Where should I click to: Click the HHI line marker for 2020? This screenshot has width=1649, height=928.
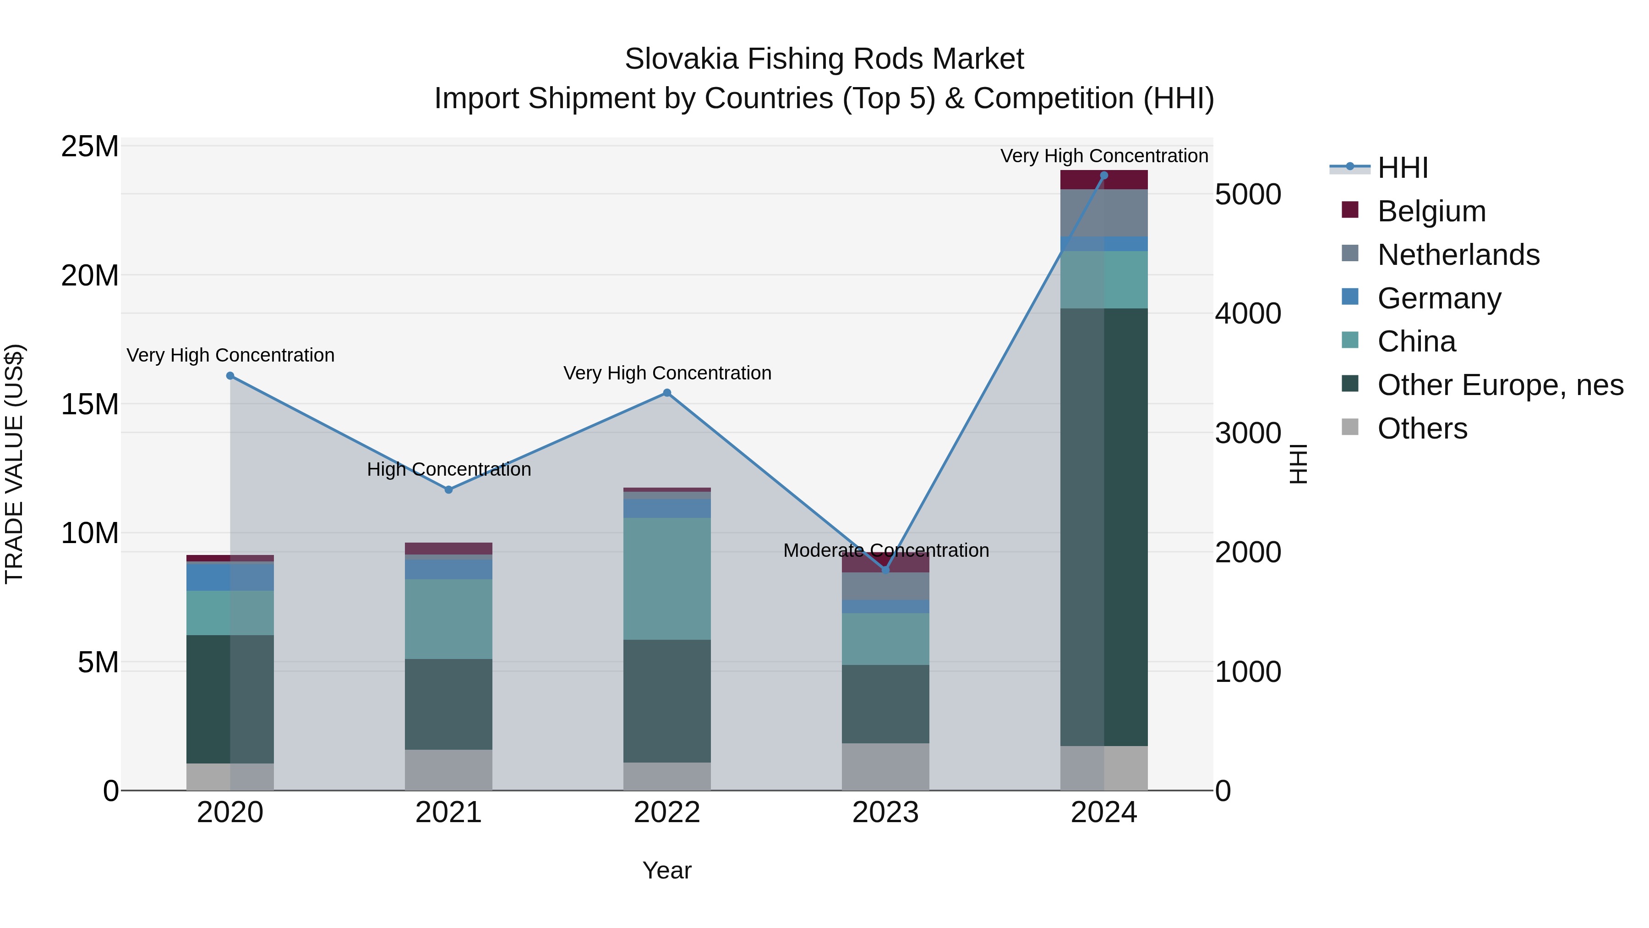pyautogui.click(x=230, y=376)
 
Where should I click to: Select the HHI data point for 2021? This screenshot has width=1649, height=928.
pyautogui.click(x=449, y=489)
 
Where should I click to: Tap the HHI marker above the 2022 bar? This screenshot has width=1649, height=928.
pyautogui.click(x=667, y=393)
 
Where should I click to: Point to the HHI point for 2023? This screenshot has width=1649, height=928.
pyautogui.click(x=886, y=569)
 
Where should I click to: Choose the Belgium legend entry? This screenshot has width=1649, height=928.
pyautogui.click(x=1431, y=211)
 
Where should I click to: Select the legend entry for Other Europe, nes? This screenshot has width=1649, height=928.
pyautogui.click(x=1500, y=385)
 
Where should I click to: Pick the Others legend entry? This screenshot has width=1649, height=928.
pyautogui.click(x=1422, y=428)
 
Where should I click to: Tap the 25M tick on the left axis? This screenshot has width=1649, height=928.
pyautogui.click(x=90, y=147)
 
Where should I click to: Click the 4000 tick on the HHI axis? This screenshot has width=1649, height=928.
pyautogui.click(x=1248, y=314)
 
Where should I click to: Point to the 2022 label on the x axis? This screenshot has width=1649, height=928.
pyautogui.click(x=667, y=813)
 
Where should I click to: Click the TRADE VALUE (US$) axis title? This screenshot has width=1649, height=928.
pyautogui.click(x=15, y=464)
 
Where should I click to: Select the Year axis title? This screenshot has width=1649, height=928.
pyautogui.click(x=667, y=870)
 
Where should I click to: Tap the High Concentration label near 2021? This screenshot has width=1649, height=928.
pyautogui.click(x=449, y=469)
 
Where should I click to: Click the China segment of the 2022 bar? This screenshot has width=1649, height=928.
pyautogui.click(x=667, y=578)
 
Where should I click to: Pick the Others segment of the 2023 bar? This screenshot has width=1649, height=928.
pyautogui.click(x=886, y=767)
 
